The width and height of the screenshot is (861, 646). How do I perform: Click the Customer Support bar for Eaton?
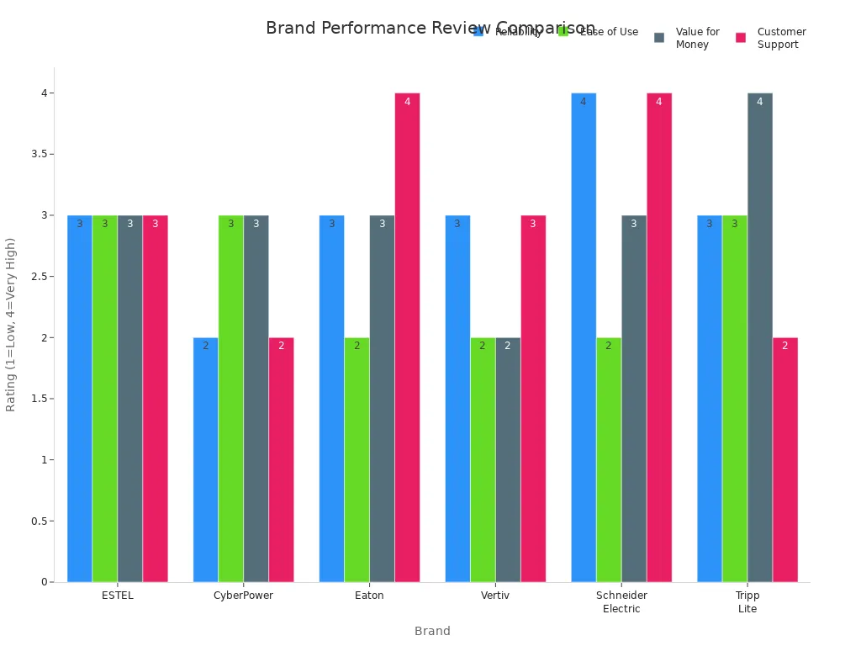pos(407,337)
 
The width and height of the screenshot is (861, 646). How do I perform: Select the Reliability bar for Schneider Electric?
pos(584,337)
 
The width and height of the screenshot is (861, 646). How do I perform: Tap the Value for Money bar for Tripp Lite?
pos(760,337)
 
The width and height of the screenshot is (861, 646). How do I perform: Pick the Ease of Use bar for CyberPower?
pos(230,399)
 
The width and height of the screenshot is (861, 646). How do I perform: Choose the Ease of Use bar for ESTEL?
pos(104,399)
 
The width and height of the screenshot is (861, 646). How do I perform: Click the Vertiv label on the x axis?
pos(495,596)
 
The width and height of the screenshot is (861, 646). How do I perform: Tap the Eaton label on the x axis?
pos(369,596)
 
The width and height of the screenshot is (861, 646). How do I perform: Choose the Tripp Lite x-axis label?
pos(747,602)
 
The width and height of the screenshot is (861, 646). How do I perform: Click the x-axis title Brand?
pos(432,631)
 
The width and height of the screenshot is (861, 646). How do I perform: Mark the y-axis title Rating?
pos(11,324)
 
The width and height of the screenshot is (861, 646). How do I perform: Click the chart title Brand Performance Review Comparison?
pos(430,29)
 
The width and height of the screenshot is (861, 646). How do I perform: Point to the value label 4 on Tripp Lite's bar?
pos(759,102)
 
